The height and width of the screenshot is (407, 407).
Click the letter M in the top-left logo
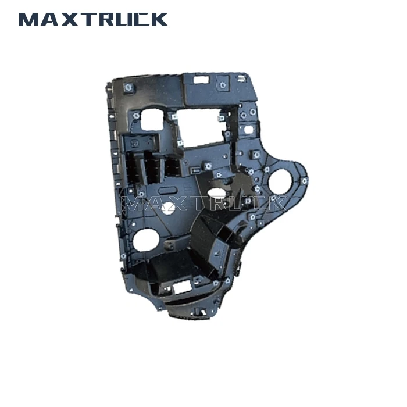click(x=30, y=19)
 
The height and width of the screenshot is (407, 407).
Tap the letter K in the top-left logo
click(x=158, y=19)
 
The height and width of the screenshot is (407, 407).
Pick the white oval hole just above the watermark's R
click(x=216, y=192)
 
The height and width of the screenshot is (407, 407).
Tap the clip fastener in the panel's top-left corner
click(x=128, y=88)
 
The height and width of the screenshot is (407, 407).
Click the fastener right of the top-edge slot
click(x=222, y=85)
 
